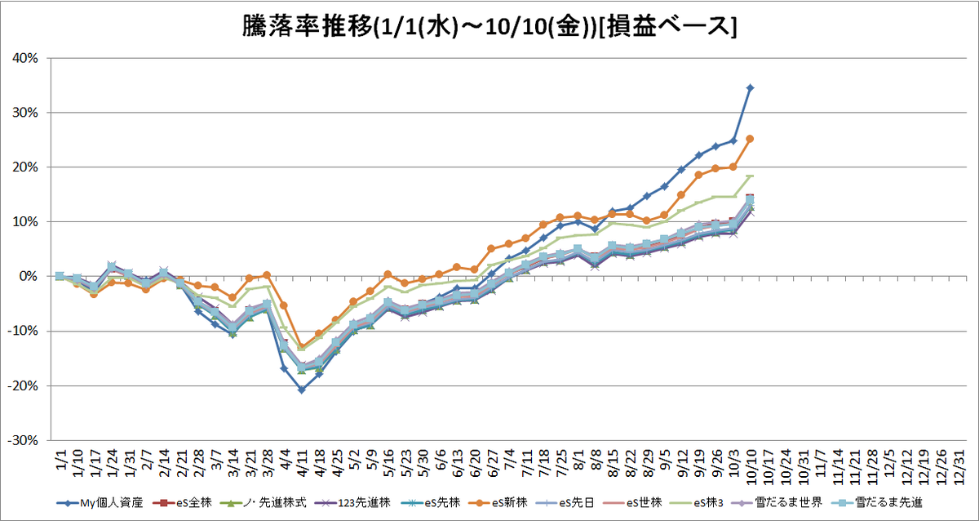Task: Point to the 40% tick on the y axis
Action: point(25,58)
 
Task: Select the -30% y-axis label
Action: point(23,440)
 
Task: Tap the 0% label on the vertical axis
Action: point(29,277)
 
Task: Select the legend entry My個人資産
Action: point(100,503)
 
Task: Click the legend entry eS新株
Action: point(498,503)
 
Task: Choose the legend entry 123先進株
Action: point(352,503)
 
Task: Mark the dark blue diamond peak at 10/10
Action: point(750,88)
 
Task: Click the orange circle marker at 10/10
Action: point(750,139)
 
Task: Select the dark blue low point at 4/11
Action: point(302,390)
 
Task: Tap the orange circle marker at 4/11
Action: point(302,346)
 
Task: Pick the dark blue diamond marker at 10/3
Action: point(733,140)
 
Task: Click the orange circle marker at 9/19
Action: point(698,175)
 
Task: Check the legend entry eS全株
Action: point(182,503)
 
